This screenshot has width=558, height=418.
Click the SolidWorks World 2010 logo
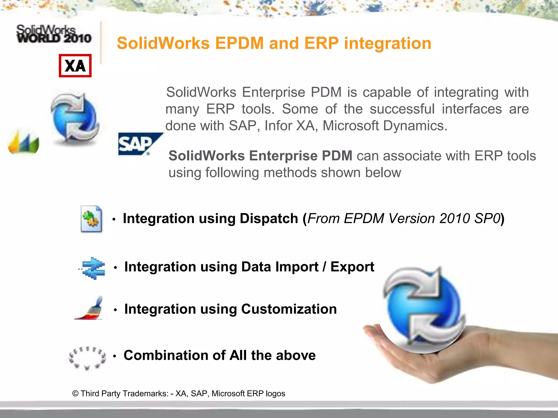point(54,34)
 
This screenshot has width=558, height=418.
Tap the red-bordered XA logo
point(75,66)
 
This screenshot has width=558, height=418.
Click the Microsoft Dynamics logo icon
point(23,143)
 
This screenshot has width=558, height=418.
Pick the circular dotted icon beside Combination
point(87,358)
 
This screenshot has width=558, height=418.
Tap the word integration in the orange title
point(388,43)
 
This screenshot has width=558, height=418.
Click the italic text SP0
point(487,219)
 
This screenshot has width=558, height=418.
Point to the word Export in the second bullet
point(352,267)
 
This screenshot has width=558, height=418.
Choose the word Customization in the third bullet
point(289,309)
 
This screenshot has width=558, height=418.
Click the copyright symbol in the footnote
point(75,394)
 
